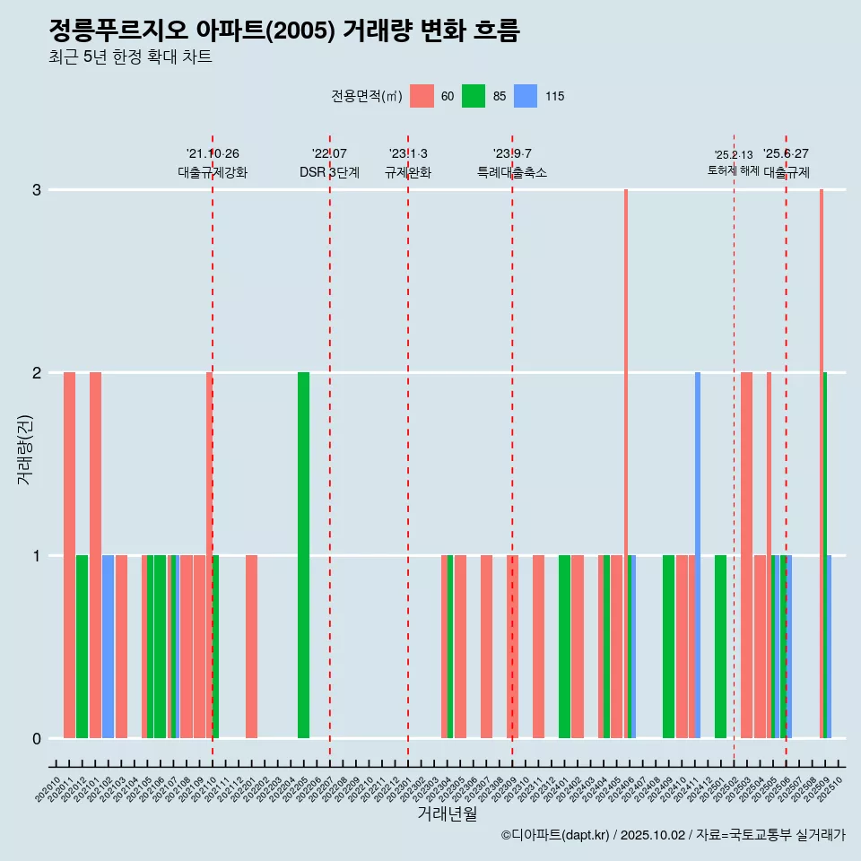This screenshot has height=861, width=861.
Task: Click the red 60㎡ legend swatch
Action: pos(422,96)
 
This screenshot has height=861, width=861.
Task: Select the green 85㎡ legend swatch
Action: pos(474,96)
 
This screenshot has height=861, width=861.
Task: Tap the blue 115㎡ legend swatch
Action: pos(526,96)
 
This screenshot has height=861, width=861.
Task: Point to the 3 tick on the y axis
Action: pos(37,190)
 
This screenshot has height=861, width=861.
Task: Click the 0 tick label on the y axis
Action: pos(37,739)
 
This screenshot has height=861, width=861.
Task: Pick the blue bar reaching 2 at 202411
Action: pos(698,556)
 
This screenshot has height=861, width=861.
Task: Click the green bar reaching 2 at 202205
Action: pos(303,556)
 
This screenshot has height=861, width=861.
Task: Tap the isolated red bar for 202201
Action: pos(251,646)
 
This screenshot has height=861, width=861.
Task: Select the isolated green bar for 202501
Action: pos(720,646)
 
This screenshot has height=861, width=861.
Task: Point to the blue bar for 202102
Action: pos(108,646)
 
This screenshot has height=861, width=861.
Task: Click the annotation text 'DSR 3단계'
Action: pos(329,172)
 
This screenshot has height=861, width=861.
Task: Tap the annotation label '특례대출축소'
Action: pos(511,172)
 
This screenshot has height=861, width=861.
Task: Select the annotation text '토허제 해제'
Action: pos(733,170)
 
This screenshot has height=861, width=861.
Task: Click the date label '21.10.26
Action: pos(213,153)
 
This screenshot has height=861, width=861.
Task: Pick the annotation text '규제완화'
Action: pos(408,172)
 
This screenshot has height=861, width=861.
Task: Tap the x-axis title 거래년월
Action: pos(447,813)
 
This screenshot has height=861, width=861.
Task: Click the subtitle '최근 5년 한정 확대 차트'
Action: pos(130,57)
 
